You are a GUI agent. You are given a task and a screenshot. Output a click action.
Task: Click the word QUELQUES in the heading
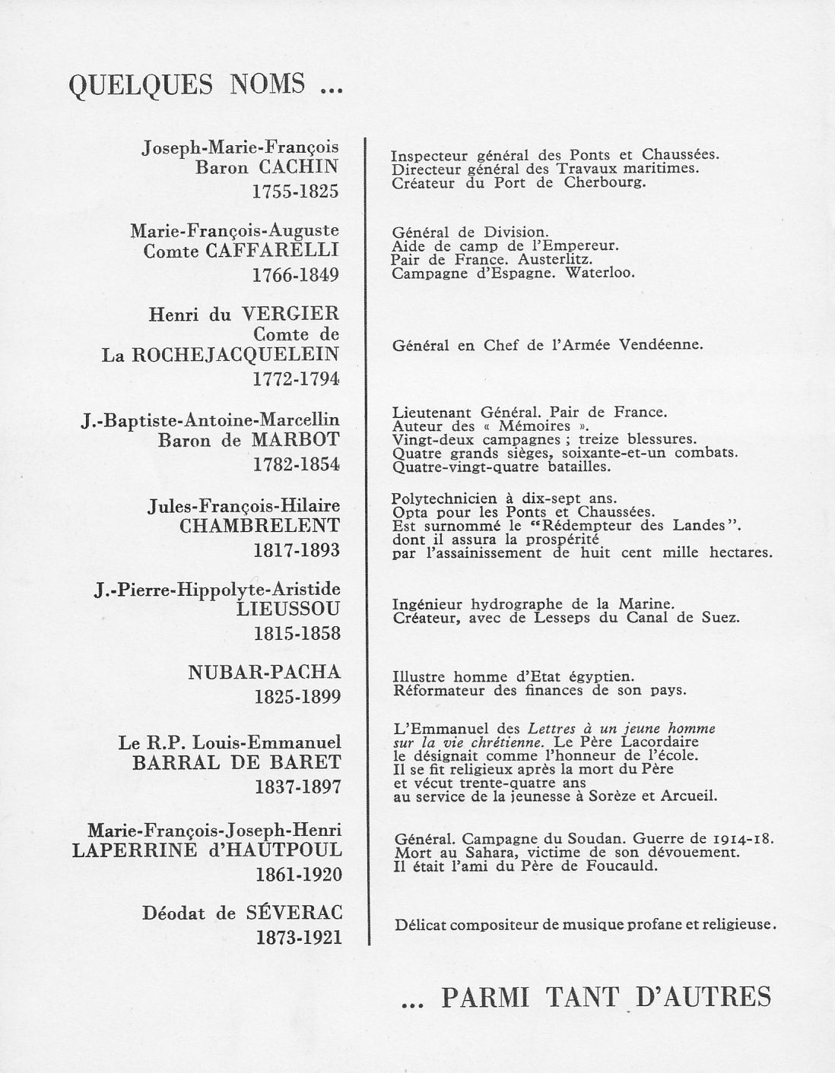[x=141, y=84]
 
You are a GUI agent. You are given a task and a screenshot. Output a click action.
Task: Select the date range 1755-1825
[x=295, y=191]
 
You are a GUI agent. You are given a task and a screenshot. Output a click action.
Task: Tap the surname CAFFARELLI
[x=272, y=251]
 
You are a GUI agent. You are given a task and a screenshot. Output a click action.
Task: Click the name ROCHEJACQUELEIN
[x=236, y=355]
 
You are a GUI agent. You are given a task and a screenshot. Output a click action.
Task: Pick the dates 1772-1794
[x=296, y=378]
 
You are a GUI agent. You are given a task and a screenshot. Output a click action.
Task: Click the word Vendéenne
[x=660, y=345]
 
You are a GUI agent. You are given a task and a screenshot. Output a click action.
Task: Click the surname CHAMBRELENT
[x=259, y=526]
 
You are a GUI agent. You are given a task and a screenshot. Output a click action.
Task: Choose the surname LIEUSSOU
[x=288, y=609]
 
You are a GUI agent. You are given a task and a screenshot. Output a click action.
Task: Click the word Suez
[x=722, y=618]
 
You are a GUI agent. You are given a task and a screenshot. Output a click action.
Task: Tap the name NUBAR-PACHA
[x=264, y=672]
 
